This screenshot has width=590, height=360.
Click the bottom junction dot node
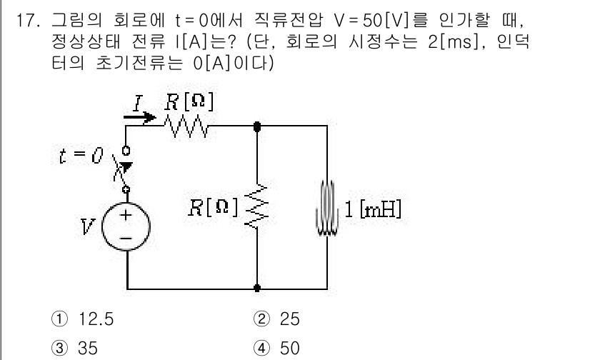256,289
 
